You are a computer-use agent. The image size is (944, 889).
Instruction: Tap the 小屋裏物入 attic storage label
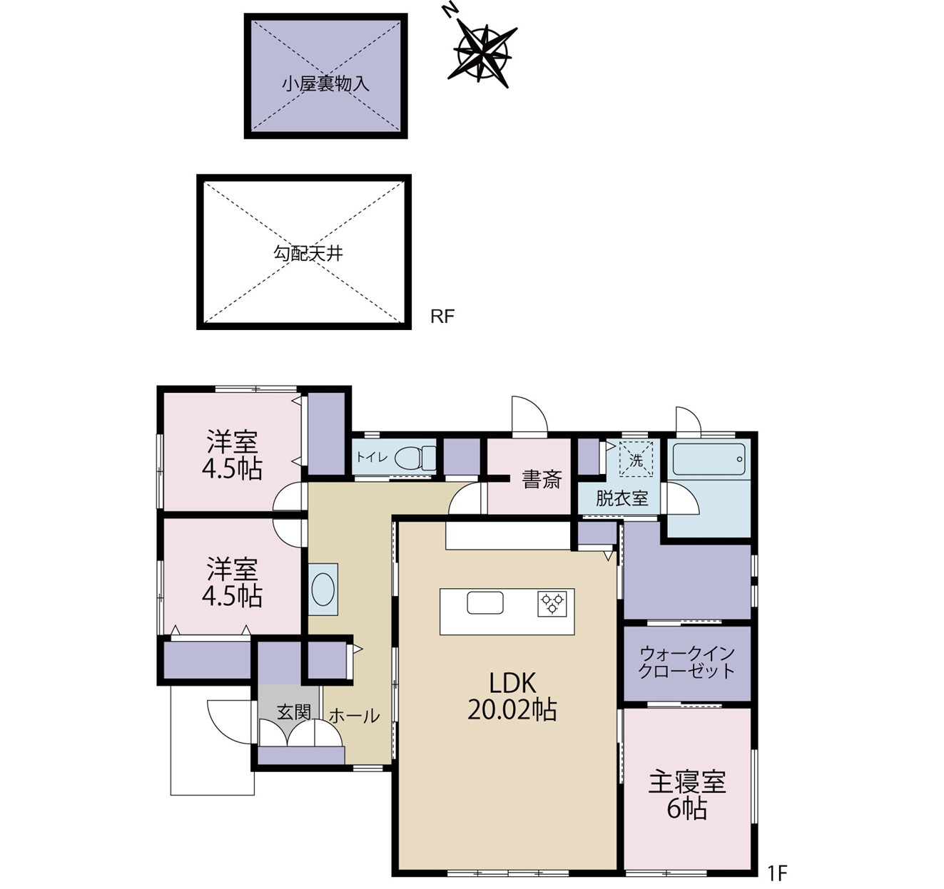[x=325, y=84]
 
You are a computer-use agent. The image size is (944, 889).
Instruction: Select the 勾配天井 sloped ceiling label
[x=308, y=253]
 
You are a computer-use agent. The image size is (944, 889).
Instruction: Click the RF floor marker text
[x=442, y=317]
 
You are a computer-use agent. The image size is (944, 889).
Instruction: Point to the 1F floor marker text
[x=778, y=873]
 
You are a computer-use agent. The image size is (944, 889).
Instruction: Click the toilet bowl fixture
[x=415, y=458]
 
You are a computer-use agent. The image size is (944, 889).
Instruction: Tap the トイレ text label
[x=372, y=458]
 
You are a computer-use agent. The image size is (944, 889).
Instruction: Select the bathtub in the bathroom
[x=709, y=459]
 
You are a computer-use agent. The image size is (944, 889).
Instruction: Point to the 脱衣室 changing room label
[x=621, y=498]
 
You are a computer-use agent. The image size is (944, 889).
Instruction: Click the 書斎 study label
[x=542, y=479]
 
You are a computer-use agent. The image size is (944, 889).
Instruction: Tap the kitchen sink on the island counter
[x=484, y=602]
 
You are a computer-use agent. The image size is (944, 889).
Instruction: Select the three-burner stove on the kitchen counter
[x=552, y=603]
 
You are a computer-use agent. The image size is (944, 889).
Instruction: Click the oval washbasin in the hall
[x=323, y=589]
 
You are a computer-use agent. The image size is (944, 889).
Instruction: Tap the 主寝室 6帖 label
[x=687, y=796]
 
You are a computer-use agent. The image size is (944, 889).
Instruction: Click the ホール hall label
[x=355, y=716]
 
